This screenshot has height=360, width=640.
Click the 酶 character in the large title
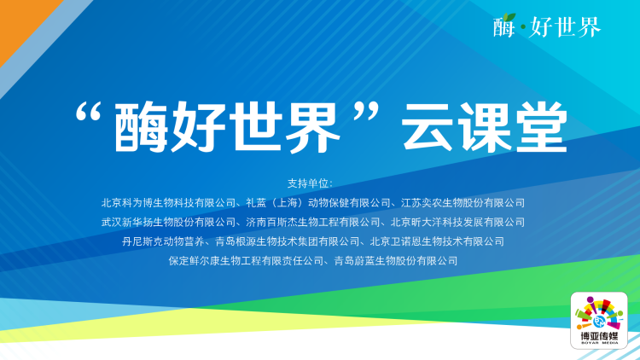click(141, 127)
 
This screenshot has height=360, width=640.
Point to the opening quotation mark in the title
click(88, 112)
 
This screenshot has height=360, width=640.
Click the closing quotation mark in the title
click(366, 112)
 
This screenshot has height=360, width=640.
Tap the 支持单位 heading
click(311, 183)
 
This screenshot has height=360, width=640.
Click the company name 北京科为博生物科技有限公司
click(169, 203)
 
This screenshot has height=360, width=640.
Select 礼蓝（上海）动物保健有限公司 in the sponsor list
click(318, 203)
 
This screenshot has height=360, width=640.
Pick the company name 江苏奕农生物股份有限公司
click(463, 203)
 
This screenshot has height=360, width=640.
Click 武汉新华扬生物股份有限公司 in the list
click(169, 222)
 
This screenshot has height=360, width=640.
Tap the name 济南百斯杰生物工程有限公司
click(313, 222)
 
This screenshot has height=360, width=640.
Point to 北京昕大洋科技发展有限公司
click(457, 222)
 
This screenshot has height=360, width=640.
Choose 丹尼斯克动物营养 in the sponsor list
click(163, 241)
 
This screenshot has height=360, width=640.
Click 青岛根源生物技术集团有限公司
click(287, 241)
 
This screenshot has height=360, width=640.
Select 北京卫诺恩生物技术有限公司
click(437, 241)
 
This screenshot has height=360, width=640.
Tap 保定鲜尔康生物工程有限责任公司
click(246, 261)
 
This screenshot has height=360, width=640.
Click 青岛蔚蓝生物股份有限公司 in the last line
click(395, 261)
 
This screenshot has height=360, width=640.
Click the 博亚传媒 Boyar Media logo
click(599, 321)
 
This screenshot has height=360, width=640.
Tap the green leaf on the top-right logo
click(509, 17)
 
